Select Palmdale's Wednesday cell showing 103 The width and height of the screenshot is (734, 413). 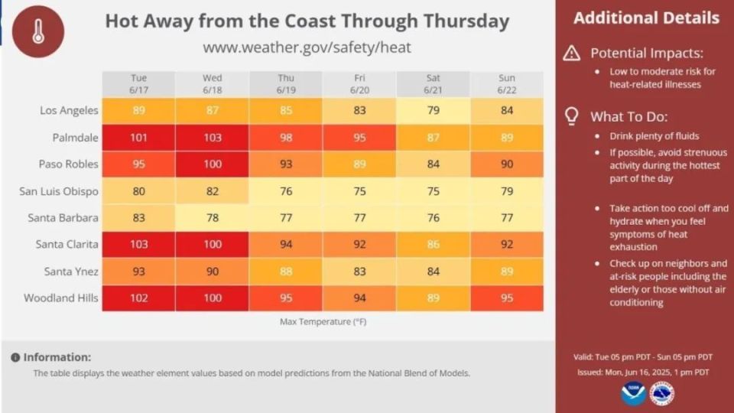(x=213, y=138)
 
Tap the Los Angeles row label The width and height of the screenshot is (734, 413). (x=69, y=110)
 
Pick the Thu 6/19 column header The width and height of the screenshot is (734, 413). (x=286, y=83)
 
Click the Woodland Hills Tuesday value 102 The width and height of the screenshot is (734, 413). (x=138, y=298)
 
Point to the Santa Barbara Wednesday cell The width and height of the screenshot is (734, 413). (x=213, y=218)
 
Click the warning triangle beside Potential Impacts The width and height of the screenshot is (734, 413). (x=571, y=54)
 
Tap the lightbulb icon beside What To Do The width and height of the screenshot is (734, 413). (x=571, y=116)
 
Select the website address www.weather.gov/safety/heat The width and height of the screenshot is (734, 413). (x=307, y=47)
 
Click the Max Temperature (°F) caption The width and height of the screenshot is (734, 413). (x=323, y=322)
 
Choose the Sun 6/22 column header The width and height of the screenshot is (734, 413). (x=507, y=83)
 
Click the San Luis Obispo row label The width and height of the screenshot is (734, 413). (x=59, y=191)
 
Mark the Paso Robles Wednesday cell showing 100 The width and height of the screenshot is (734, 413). (x=213, y=164)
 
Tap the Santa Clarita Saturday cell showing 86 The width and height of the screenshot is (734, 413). (x=433, y=245)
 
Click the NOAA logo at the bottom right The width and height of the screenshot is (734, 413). (x=633, y=393)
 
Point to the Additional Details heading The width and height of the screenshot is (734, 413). (x=646, y=18)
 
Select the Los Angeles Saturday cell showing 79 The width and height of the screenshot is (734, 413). (x=433, y=110)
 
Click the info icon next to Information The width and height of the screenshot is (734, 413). (x=15, y=357)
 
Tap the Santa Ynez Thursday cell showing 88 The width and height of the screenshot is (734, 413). (x=286, y=272)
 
